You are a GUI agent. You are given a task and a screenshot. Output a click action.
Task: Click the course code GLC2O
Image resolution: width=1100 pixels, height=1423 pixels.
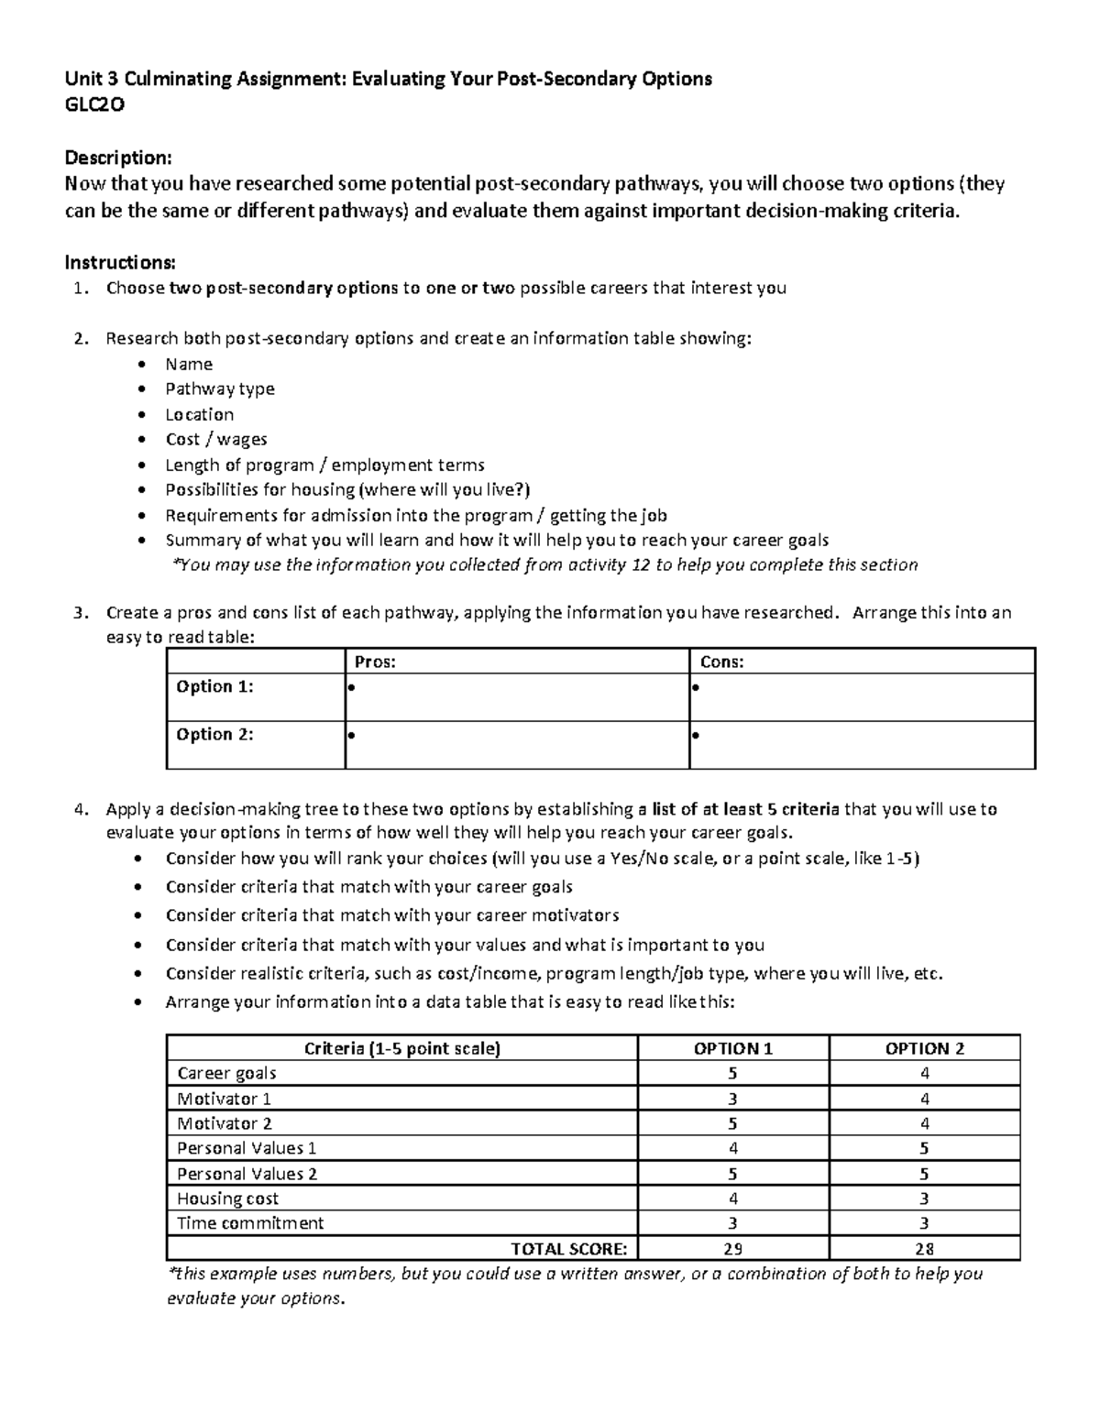point(94,104)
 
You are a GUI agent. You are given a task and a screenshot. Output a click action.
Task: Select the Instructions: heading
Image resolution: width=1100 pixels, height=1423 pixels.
point(119,263)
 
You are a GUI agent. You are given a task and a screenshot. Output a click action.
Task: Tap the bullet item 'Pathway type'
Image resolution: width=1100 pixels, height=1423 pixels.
point(219,389)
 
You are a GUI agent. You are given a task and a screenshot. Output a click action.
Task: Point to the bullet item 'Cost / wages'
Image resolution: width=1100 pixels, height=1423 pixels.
point(216,439)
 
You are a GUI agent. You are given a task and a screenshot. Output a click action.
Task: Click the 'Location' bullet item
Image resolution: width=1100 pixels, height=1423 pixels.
point(199,414)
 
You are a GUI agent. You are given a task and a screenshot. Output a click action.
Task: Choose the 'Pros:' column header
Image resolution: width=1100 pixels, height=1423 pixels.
point(375,662)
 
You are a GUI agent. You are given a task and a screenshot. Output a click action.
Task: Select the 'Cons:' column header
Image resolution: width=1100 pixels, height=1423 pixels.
point(721,662)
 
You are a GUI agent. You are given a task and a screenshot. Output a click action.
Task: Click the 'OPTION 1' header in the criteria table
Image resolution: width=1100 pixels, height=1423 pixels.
point(732,1049)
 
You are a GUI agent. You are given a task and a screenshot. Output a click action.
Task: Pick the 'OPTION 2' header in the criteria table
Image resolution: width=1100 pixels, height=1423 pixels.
point(924,1049)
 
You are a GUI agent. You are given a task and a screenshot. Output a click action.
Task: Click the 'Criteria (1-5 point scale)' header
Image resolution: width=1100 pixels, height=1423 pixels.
point(402,1049)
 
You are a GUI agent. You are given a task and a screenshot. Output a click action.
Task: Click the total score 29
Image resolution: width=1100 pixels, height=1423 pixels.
point(732,1248)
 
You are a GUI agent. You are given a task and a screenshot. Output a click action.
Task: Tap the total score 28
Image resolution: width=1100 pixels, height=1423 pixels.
point(924,1248)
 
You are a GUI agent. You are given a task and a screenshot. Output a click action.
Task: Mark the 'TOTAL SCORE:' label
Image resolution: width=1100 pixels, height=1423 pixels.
point(568,1248)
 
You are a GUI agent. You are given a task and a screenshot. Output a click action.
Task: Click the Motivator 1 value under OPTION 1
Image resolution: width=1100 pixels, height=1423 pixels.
point(732,1099)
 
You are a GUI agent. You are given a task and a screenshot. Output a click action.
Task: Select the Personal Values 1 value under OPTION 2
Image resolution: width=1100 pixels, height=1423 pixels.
point(924,1148)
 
